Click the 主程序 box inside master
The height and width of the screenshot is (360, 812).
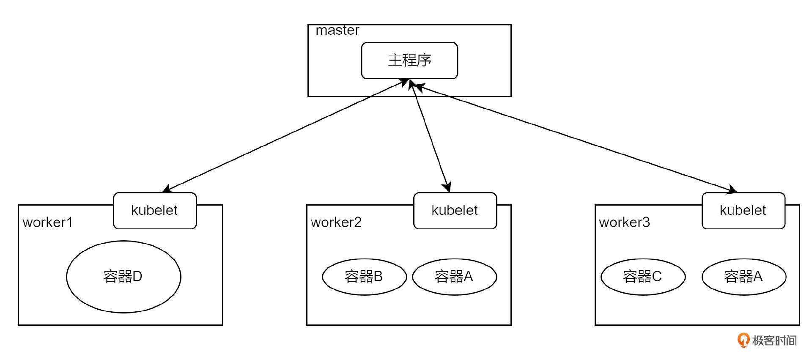(409, 60)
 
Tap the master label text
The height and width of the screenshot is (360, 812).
(337, 30)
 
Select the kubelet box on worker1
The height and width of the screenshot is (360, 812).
(155, 210)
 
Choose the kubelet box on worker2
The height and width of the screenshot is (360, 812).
(455, 210)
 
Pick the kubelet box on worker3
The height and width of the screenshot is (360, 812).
(743, 210)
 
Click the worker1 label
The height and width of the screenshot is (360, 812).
(48, 223)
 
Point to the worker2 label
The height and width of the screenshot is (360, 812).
(336, 223)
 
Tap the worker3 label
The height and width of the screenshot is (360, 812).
(624, 223)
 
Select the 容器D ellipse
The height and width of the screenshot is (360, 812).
(123, 277)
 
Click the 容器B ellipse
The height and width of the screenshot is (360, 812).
(364, 277)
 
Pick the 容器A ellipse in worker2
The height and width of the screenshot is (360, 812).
(454, 277)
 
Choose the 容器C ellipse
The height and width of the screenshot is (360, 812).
(643, 277)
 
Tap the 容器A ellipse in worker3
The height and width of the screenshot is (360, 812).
(743, 277)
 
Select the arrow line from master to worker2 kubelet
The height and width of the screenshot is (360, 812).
(429, 135)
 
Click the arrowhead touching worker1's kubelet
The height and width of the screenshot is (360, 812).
(166, 189)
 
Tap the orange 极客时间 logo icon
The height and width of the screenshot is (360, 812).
(743, 340)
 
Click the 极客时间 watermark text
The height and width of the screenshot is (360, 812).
(774, 341)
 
